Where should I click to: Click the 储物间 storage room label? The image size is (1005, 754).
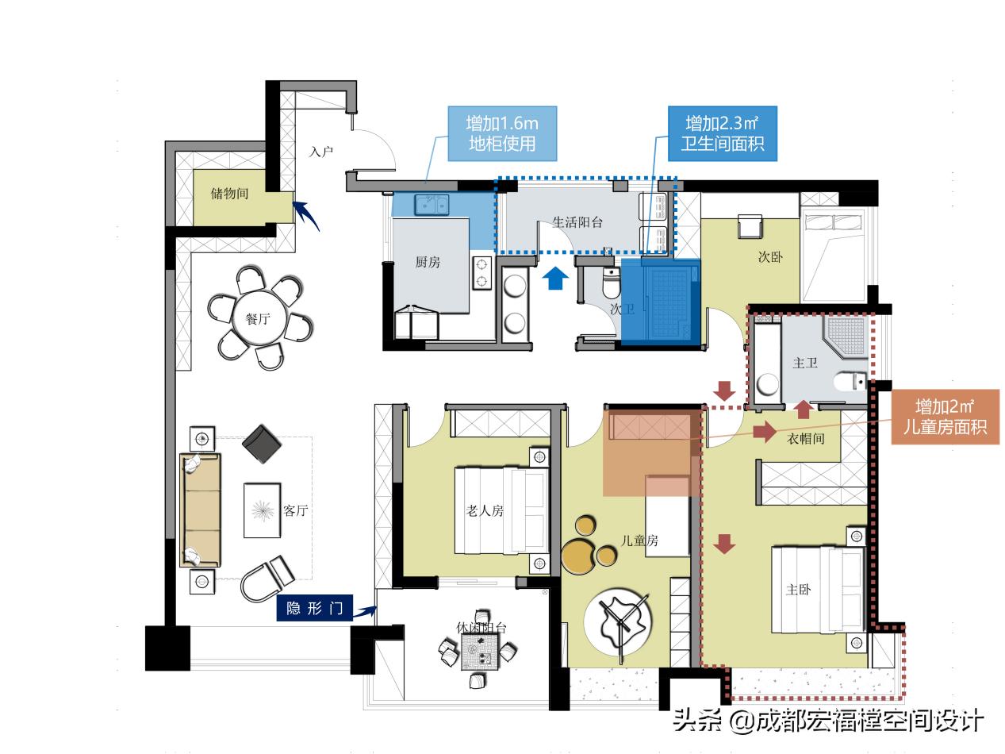click(229, 194)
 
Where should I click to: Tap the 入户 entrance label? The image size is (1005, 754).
click(320, 151)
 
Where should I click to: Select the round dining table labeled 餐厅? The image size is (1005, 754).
click(260, 319)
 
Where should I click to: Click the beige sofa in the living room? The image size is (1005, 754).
click(200, 510)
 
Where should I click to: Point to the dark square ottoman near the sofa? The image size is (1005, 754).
click(262, 444)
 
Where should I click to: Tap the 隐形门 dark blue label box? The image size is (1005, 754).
click(315, 608)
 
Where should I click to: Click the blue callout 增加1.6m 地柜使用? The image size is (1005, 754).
click(502, 133)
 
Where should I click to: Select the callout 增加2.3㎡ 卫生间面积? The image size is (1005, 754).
click(722, 133)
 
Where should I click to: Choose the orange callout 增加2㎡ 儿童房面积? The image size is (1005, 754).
click(945, 417)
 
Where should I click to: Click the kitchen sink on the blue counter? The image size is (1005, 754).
click(432, 204)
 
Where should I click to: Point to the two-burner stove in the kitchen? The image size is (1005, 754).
click(481, 272)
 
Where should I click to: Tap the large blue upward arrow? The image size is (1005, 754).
click(555, 279)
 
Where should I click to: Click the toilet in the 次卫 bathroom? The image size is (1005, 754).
click(611, 283)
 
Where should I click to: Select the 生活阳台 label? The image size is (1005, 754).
click(577, 222)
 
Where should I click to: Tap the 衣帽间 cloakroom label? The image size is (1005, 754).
click(806, 438)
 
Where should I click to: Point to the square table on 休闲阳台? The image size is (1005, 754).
click(480, 652)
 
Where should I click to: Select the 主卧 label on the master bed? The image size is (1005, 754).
click(798, 589)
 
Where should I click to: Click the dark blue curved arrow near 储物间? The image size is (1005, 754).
click(306, 215)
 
